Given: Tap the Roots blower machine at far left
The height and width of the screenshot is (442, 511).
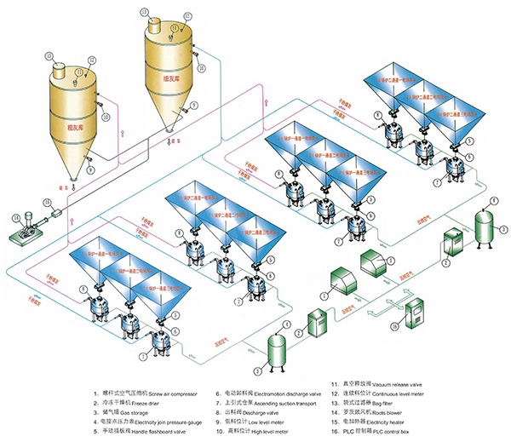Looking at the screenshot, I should pos(29,224).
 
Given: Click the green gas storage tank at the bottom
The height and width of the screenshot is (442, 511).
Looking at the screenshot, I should pos(276,351).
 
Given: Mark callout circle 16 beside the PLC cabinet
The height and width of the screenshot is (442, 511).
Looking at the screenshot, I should pos(393,325).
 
